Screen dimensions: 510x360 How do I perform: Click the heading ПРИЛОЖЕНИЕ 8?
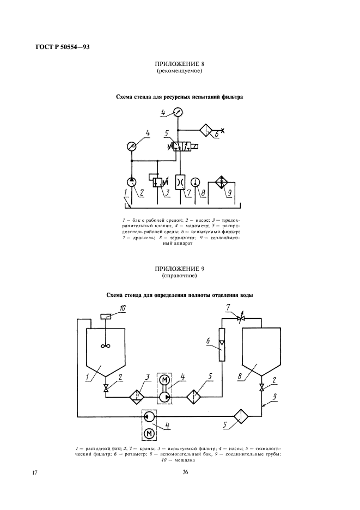pos(180,64)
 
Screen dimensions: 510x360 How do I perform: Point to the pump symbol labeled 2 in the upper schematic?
pos(132,181)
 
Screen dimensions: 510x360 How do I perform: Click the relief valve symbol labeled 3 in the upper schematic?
pos(157,181)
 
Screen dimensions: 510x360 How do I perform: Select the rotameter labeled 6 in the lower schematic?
pos(221,344)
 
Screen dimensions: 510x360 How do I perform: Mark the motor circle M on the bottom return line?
pos(149,434)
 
